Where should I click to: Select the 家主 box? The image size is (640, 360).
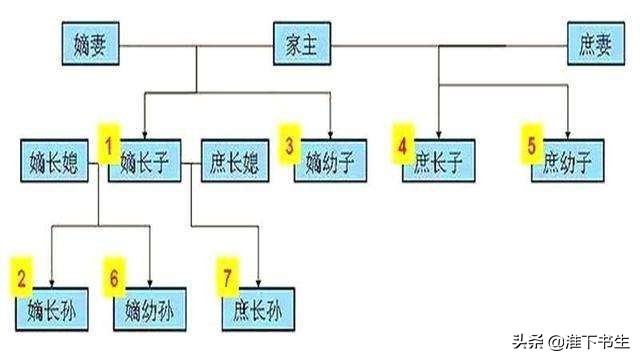302,45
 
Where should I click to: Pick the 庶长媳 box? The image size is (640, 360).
236,161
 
